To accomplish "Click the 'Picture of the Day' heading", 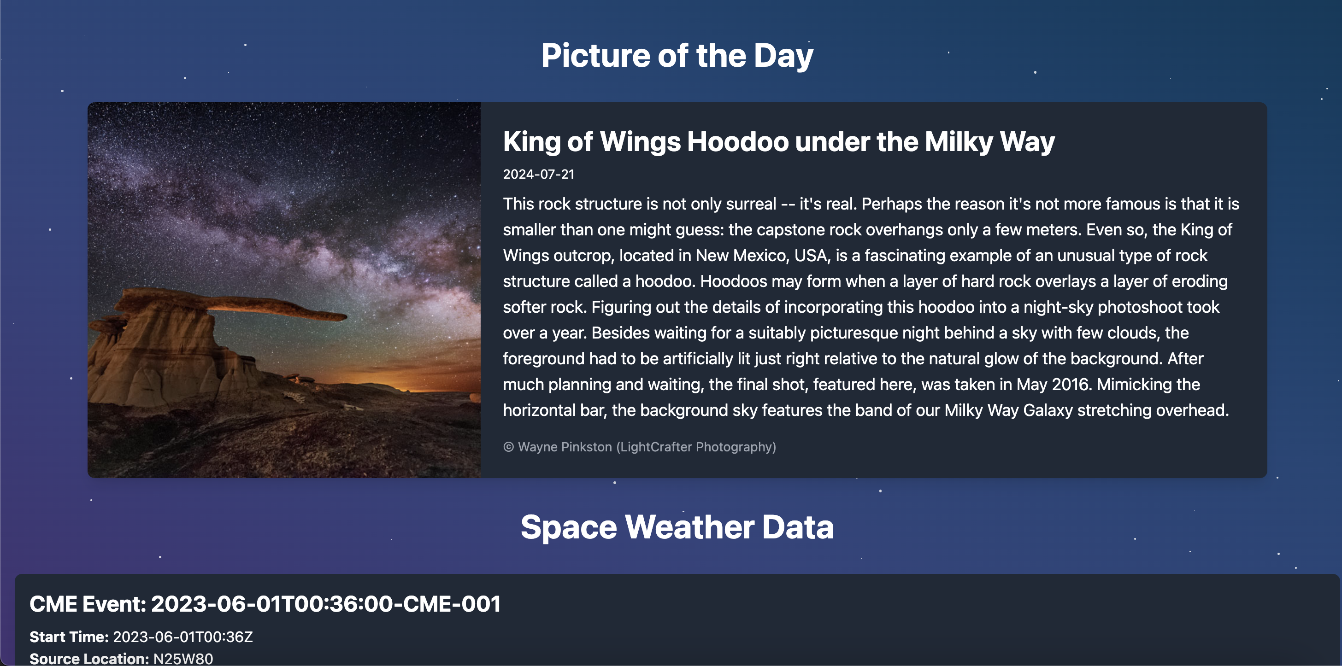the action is click(677, 56).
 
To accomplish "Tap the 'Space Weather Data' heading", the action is click(677, 527).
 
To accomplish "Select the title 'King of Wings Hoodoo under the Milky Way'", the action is click(779, 142).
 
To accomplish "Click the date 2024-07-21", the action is click(539, 175).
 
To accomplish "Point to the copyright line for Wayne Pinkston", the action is click(640, 447).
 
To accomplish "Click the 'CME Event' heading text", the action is click(265, 604).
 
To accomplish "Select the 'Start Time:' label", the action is click(69, 637).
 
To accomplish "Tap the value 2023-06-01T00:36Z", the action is click(183, 637).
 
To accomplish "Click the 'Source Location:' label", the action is click(89, 659).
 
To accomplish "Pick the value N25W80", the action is click(183, 659).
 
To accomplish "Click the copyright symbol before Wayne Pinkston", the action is click(508, 447).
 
